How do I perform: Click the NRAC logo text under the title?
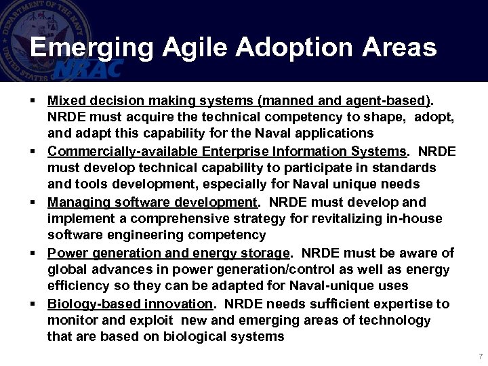88,68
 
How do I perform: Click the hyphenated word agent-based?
390,101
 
